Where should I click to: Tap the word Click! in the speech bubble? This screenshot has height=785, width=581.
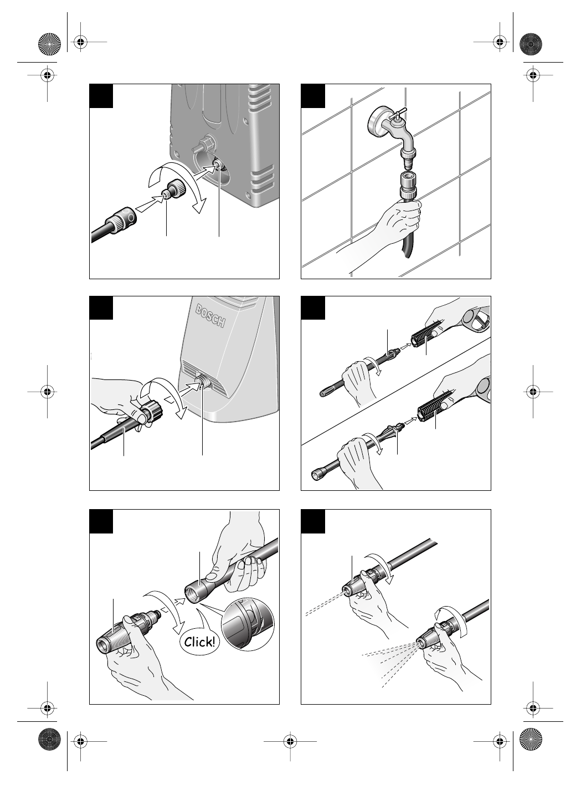point(199,642)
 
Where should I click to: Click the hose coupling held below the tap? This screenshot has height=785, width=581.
point(408,186)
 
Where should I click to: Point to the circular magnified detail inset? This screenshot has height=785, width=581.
point(248,624)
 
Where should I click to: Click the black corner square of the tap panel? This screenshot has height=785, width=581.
point(313,96)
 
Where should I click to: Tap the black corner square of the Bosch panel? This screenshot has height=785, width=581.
point(101,308)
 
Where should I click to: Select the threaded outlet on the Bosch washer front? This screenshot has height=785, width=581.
point(202,383)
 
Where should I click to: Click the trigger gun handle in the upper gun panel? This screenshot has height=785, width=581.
point(477,320)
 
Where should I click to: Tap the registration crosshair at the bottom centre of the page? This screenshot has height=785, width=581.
point(290,741)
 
